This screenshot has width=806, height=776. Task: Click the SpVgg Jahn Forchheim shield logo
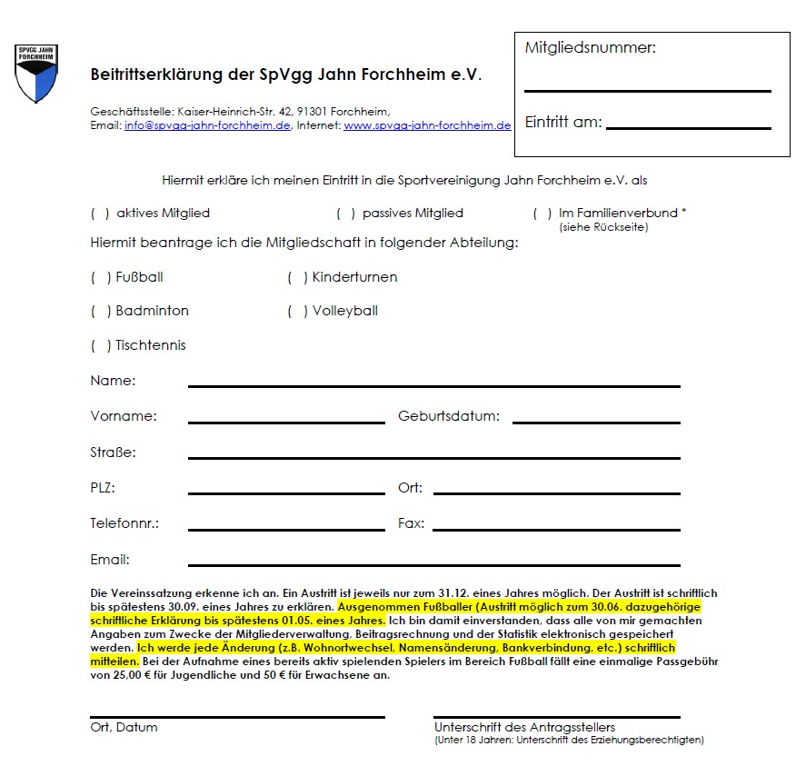tap(36, 73)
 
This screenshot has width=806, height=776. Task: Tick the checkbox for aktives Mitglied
tap(100, 214)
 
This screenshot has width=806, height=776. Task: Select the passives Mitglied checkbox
tap(345, 214)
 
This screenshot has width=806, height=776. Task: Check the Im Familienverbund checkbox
tap(542, 214)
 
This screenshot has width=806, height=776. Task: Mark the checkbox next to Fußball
tap(100, 277)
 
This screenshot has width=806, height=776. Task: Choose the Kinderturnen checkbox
tap(297, 277)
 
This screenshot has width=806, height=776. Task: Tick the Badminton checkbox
tap(100, 311)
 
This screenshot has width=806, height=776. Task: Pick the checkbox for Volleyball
tap(297, 311)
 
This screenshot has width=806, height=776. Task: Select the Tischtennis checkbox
tap(100, 345)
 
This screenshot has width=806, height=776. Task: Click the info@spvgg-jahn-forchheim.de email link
tap(207, 125)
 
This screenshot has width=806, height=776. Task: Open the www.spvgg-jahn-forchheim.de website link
tap(427, 125)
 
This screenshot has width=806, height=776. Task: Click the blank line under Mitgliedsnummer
tap(647, 91)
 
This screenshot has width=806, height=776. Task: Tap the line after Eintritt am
tap(688, 128)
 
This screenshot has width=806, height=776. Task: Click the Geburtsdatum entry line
tap(596, 422)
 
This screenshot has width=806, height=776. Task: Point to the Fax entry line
tap(556, 529)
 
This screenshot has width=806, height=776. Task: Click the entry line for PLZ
tap(286, 493)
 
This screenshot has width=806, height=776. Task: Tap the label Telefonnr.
tap(124, 523)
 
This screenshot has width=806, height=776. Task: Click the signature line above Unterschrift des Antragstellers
tap(556, 717)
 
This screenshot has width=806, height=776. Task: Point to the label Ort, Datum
tap(124, 727)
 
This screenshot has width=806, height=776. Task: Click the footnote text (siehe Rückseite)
tap(603, 227)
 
